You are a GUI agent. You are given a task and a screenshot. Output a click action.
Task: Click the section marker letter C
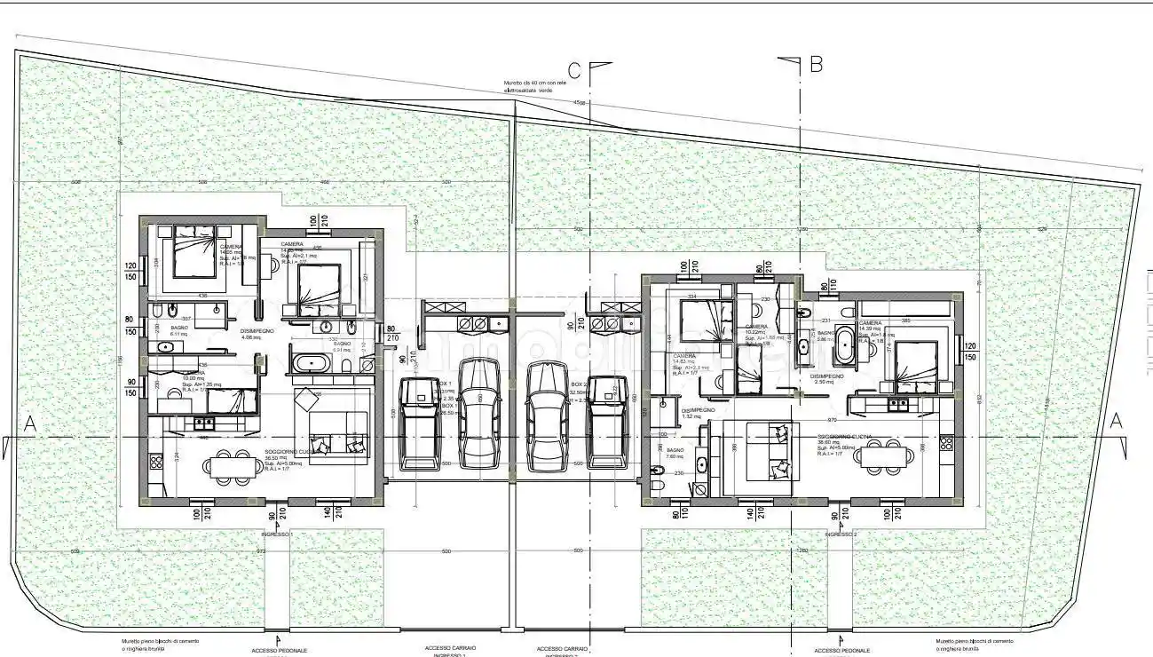click(575, 69)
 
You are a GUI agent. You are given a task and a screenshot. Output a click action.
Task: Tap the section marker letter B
click(816, 64)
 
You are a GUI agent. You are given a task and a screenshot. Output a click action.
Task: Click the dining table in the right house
click(884, 456)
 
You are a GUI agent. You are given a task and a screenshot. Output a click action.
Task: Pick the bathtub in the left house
click(312, 362)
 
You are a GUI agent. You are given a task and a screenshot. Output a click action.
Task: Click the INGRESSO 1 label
click(277, 534)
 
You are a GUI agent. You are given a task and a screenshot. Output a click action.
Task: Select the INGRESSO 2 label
click(840, 534)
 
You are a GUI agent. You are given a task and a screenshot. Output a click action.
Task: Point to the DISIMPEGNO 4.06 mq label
click(256, 334)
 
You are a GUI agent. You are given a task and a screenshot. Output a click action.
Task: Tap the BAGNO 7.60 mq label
click(675, 453)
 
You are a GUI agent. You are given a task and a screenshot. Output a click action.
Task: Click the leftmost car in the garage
click(417, 423)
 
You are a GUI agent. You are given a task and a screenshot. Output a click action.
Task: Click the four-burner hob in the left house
click(156, 461)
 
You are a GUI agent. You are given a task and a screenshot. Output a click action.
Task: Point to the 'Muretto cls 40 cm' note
click(541, 86)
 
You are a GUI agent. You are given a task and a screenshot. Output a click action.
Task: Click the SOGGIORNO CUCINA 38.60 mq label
click(846, 441)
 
